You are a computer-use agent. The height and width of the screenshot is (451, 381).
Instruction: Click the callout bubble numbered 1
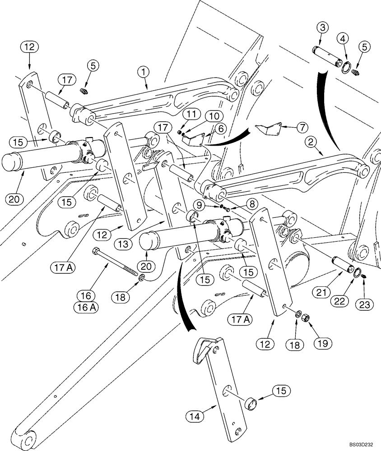[143, 71]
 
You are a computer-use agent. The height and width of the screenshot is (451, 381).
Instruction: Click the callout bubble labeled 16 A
[87, 308]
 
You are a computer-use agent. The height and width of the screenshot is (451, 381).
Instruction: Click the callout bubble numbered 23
[365, 305]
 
